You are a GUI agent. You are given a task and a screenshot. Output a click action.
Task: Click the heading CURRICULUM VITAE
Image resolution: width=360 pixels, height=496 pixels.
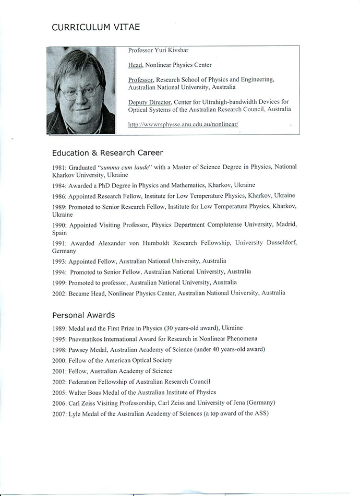96,27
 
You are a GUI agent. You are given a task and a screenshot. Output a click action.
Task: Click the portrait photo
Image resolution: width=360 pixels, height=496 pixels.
81,90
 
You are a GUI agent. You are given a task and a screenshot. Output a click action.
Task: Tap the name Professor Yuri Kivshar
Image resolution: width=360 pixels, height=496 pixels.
159,52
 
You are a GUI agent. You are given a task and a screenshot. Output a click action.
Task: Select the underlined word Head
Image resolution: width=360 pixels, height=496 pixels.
135,65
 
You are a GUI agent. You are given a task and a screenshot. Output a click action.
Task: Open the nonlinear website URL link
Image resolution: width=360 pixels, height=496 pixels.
184,124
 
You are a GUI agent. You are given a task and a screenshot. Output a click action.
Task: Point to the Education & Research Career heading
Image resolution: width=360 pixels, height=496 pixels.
107,153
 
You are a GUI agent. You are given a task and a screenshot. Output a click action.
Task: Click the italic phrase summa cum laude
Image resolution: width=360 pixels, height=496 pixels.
121,167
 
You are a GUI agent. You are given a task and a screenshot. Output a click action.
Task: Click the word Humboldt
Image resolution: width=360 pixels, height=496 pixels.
172,243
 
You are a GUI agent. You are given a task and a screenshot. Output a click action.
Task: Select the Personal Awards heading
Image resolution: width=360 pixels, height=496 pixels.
83,315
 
